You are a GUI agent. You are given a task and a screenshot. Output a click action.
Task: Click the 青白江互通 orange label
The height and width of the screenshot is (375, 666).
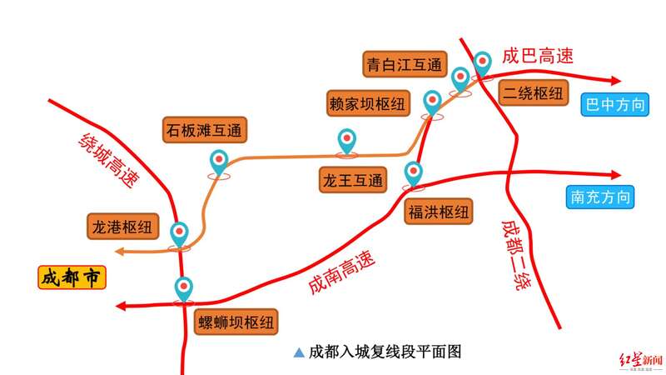coord(405,64)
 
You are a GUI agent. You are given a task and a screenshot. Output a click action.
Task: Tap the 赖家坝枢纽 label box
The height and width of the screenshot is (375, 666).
coord(368,103)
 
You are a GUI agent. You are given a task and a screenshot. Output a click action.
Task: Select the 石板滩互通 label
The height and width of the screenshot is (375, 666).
coord(205,130)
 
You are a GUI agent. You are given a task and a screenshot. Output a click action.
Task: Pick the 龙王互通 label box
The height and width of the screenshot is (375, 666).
coord(353,180)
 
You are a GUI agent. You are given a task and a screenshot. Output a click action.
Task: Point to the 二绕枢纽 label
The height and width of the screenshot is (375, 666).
coord(533,92)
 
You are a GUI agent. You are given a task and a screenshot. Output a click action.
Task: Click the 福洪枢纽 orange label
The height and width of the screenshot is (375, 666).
coord(439,212)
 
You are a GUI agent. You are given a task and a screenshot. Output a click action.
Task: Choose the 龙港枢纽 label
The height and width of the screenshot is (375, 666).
coord(122,227)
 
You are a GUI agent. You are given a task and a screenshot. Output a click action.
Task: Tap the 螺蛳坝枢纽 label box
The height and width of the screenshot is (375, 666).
coord(236,322)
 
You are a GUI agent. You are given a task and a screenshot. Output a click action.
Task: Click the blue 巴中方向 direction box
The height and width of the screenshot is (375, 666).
coord(615,104)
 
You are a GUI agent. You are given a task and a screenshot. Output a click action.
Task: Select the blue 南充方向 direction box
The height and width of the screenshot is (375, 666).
coord(600,197)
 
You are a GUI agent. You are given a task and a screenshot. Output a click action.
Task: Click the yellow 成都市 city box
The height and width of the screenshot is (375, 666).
coord(72,277)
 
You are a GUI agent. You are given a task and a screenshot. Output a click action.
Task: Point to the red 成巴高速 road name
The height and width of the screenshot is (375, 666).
coord(538,56)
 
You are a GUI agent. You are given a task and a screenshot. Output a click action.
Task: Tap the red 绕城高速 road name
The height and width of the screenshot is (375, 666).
coord(109,160)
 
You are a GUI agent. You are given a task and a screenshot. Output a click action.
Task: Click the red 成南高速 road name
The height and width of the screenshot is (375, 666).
coord(341,272)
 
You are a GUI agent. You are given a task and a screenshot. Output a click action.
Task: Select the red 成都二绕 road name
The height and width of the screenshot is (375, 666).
coord(516,255)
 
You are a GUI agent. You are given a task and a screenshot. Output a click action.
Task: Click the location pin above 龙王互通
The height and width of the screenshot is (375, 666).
coord(347,141)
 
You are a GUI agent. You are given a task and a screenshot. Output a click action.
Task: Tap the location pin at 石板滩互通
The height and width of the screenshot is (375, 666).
coord(219,162)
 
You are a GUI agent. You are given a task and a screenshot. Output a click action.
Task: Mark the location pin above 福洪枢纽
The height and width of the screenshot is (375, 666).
coord(413,173)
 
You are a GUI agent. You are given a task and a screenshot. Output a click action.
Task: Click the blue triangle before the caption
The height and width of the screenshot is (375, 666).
coord(299,352)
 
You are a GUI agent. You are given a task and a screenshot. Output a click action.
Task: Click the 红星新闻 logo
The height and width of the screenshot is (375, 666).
coord(640,361)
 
